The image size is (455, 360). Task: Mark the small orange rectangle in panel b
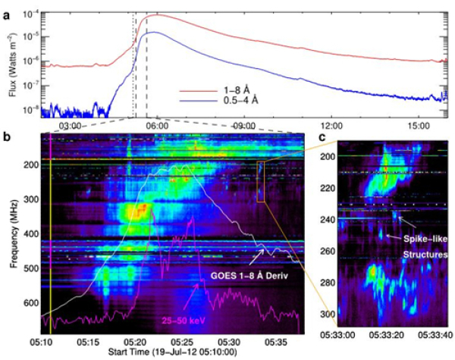tap(260, 182)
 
